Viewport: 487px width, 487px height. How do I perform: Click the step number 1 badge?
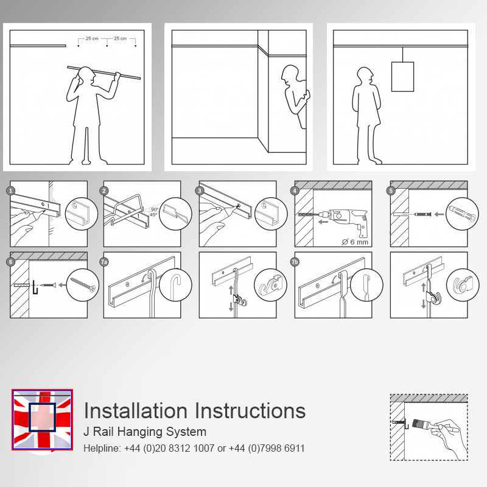tap(11, 191)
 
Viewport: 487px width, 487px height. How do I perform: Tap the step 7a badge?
tap(104, 262)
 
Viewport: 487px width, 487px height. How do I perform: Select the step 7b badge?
tap(295, 262)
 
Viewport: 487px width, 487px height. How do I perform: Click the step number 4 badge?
tap(295, 191)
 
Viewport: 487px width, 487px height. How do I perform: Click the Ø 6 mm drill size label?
tap(355, 242)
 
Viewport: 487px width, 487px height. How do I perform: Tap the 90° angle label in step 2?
tap(155, 209)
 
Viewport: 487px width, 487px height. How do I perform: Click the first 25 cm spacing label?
tap(92, 38)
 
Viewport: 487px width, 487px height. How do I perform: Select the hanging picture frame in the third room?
tap(402, 77)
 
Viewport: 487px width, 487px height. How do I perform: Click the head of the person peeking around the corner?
tap(290, 74)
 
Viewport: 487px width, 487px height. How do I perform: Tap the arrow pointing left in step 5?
tap(439, 214)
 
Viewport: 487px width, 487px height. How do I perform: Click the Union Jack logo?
tap(42, 419)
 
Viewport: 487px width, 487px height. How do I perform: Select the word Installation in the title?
tap(135, 410)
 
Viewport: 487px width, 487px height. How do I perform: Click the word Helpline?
tap(102, 448)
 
